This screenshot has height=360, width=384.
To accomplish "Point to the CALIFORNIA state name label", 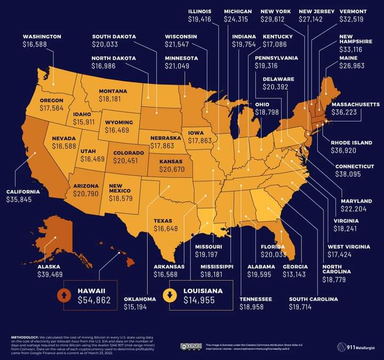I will point(23,191).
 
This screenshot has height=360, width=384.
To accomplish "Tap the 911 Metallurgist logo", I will point(357,347).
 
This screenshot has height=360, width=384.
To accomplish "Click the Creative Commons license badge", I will point(190,347).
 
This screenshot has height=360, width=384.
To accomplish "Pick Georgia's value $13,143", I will point(294,275).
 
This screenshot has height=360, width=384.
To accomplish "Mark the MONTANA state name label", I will point(113,91).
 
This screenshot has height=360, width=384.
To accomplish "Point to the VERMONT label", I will point(352,11).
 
